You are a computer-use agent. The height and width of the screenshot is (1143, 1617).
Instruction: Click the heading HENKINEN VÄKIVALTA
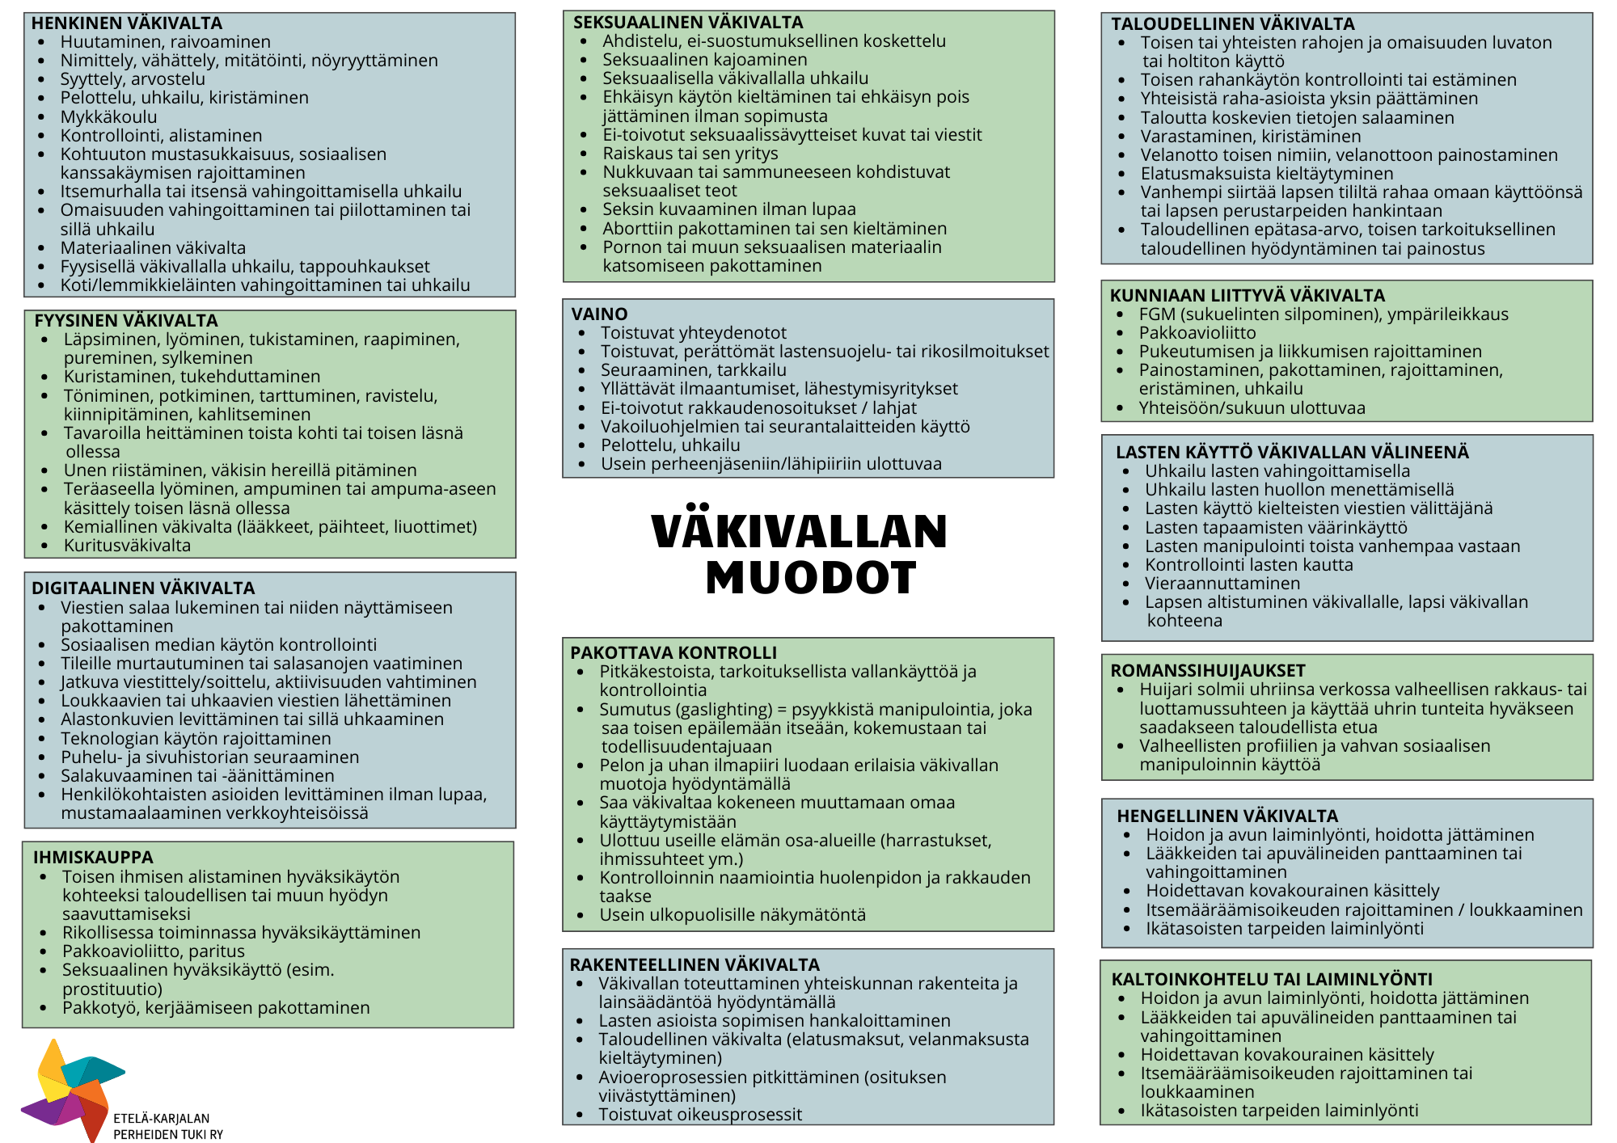(x=127, y=23)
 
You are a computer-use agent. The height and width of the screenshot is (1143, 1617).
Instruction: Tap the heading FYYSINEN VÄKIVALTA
(x=126, y=321)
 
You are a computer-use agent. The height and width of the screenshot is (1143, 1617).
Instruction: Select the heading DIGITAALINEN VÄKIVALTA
(x=143, y=588)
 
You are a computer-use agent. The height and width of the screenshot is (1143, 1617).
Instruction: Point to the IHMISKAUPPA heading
(x=93, y=858)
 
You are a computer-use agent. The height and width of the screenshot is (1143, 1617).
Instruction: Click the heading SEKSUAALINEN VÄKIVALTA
(x=688, y=23)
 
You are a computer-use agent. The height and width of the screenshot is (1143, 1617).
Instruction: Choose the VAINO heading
(x=599, y=314)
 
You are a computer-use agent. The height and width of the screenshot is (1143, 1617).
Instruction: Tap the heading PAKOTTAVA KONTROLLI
(x=673, y=653)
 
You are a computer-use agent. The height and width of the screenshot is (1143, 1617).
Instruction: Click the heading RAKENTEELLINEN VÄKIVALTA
(x=695, y=965)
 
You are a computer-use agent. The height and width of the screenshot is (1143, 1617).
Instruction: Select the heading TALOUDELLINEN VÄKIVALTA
(x=1233, y=24)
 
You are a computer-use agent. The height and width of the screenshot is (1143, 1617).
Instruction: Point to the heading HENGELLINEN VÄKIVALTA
(x=1227, y=816)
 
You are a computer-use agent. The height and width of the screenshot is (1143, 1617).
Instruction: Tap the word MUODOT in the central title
(x=811, y=578)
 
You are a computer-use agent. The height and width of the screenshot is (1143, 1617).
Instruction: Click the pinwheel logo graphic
(x=73, y=1088)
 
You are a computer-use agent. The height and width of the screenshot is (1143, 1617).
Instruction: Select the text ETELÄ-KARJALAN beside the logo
(x=162, y=1119)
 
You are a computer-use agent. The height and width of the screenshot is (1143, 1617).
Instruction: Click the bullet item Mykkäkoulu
(x=108, y=117)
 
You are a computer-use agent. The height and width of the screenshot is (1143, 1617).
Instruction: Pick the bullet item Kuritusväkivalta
(x=128, y=546)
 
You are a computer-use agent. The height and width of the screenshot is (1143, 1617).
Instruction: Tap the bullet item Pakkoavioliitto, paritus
(x=154, y=951)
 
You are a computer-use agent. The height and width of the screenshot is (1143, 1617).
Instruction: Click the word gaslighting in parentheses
(x=726, y=710)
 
